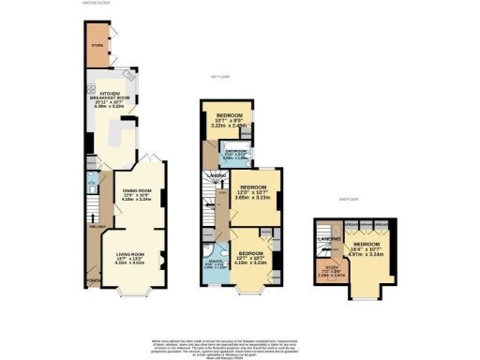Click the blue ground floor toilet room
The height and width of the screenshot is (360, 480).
click(91, 185)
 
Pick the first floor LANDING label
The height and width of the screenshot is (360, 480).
click(217, 175)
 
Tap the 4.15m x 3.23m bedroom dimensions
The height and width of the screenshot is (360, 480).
click(251, 262)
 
